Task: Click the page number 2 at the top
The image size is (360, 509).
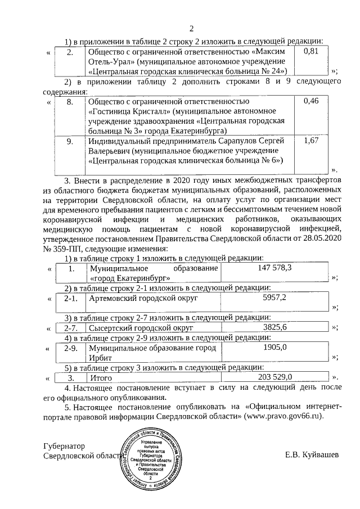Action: tap(191, 29)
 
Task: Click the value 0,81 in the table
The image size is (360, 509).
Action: tap(311, 52)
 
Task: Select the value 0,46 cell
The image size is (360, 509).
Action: tap(311, 101)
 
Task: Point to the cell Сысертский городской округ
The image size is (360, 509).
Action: tap(141, 327)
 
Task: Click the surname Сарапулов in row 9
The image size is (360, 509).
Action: tap(244, 140)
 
